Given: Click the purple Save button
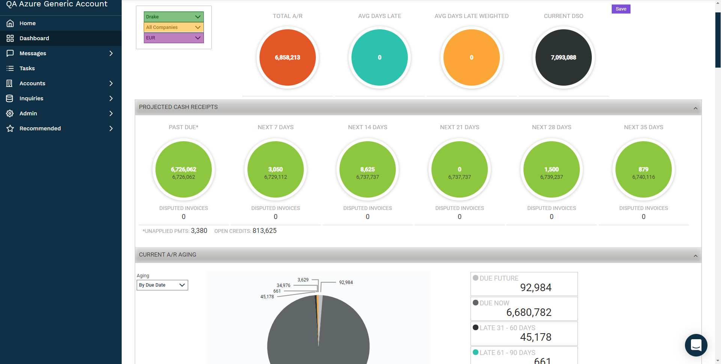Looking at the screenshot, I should [x=621, y=9].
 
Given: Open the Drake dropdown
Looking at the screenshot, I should [x=173, y=17].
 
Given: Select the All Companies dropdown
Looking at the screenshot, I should [x=173, y=27].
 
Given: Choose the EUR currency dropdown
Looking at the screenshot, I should [x=173, y=38].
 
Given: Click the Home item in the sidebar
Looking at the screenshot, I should [x=27, y=23].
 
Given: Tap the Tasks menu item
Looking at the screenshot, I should [x=27, y=68].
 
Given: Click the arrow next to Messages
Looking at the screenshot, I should [x=111, y=53].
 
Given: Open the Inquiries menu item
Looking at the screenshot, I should [x=32, y=98].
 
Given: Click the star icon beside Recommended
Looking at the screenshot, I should [x=10, y=128].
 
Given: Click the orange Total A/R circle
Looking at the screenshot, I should [x=287, y=57].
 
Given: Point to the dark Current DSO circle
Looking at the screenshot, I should [x=563, y=57].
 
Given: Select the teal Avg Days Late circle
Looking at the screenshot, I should [x=379, y=57].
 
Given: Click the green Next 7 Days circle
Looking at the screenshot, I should [x=276, y=169].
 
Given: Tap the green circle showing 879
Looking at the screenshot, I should [x=643, y=169].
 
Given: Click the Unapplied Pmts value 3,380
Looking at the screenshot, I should [x=199, y=231].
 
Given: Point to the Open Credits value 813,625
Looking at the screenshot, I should [x=264, y=231].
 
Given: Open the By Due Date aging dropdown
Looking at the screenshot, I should [x=162, y=285].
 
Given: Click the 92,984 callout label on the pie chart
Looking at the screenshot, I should [x=346, y=282].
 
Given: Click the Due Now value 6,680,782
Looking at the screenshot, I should [x=529, y=312].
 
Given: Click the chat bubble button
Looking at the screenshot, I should [x=696, y=345].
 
